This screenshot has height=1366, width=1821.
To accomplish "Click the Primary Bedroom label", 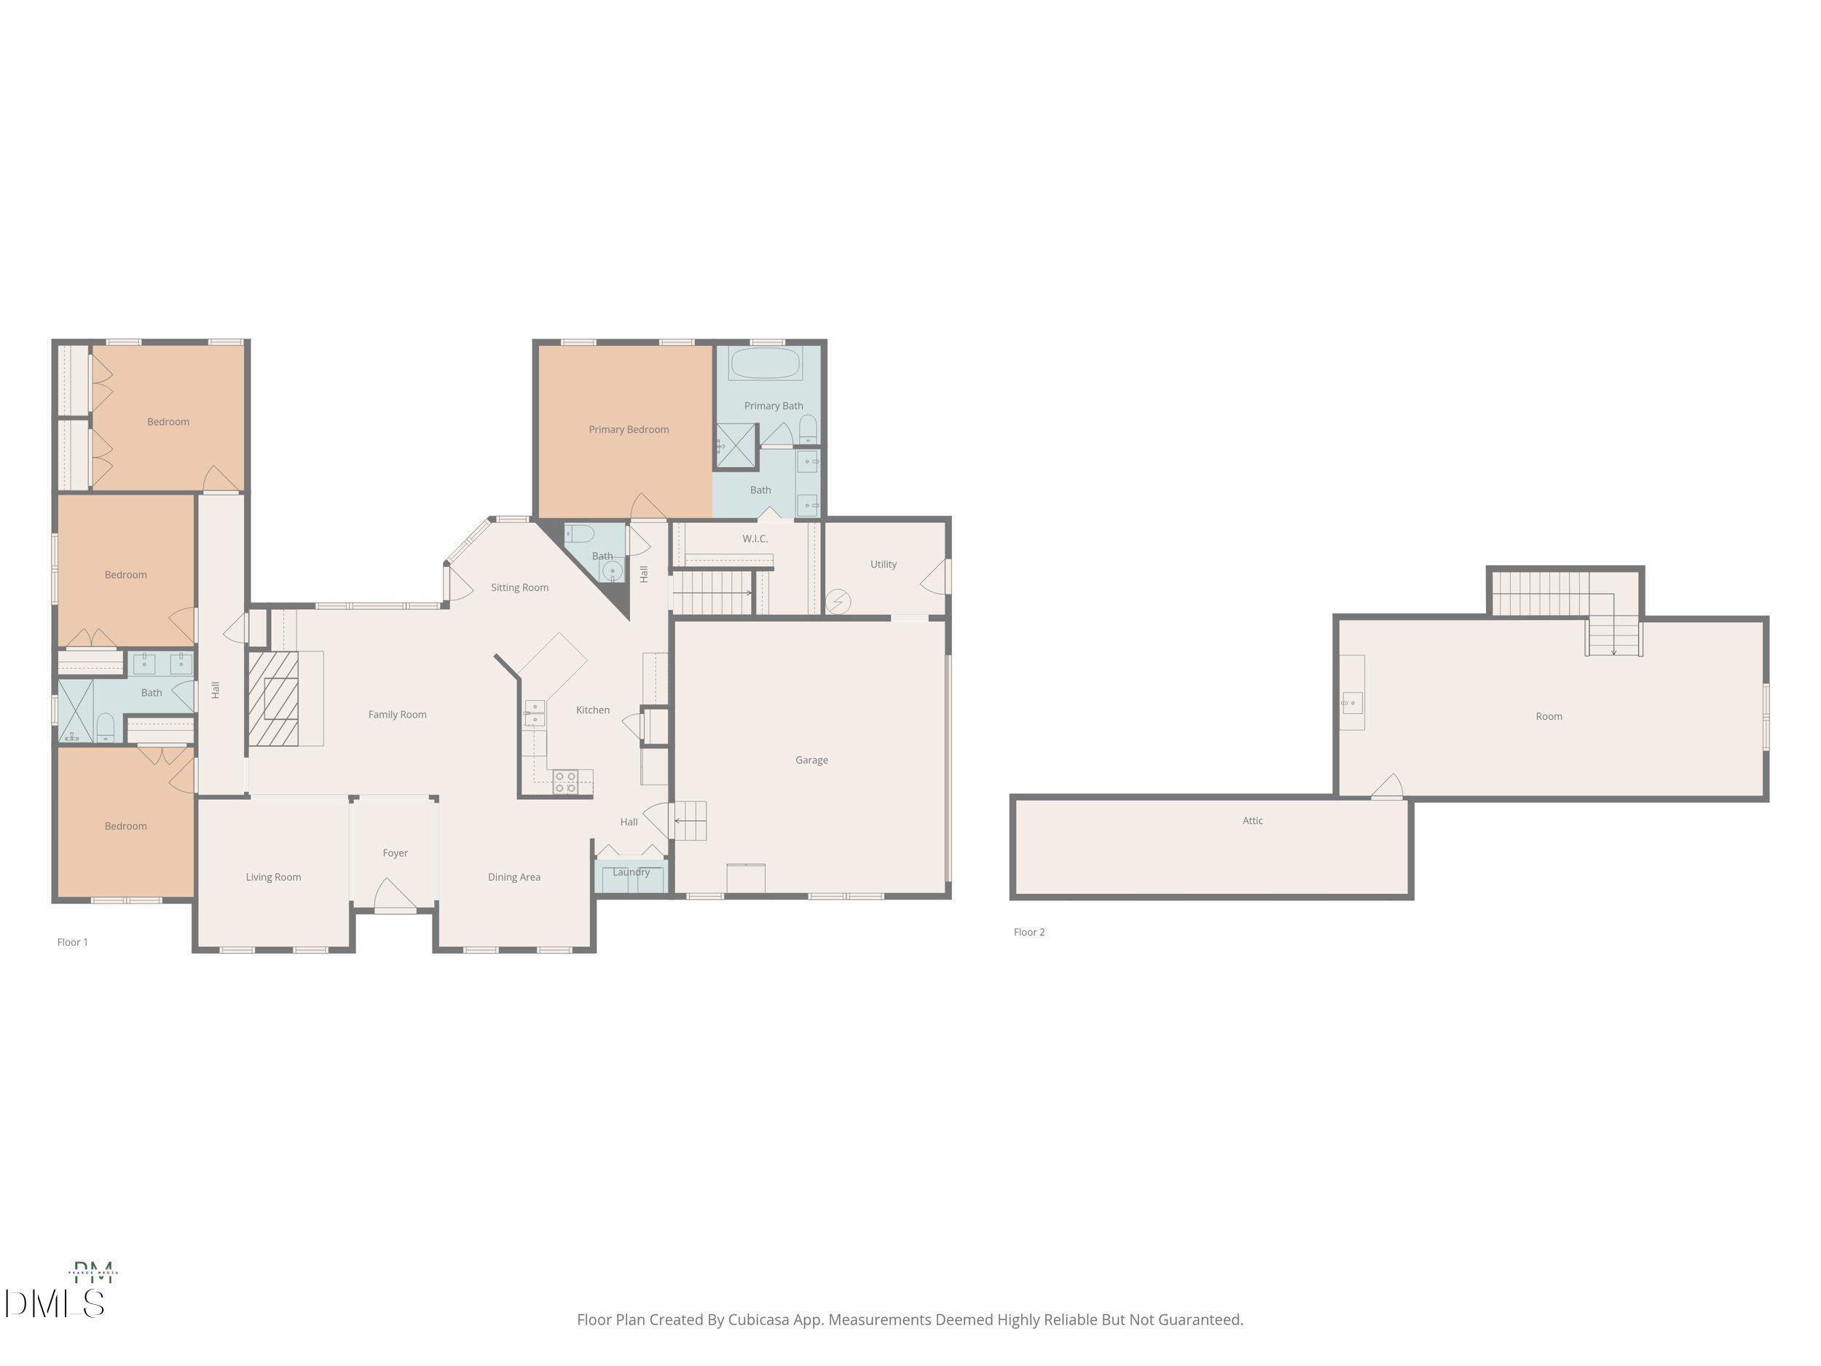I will coord(628,429).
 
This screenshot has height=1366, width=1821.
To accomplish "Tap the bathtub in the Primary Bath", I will coord(765,363).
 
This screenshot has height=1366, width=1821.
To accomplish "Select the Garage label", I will coord(811,760).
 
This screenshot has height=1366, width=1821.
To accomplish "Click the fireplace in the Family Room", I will coord(273,698).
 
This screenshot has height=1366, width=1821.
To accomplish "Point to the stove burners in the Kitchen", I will coord(565,782).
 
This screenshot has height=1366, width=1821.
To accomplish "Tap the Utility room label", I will coord(883,564).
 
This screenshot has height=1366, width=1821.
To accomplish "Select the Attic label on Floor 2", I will coord(1252,820).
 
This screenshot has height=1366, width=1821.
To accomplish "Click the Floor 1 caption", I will coord(72,942).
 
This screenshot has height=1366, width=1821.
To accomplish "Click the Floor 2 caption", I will coord(1029,932).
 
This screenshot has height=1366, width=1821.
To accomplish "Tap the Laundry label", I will coord(631,872).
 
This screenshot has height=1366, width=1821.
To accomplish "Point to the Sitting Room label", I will coord(519,587).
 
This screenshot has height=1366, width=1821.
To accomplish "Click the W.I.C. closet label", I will coord(755,538).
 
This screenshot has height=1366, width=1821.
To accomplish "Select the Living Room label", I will coord(273,877).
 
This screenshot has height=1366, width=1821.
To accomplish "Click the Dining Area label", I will coord(514,877).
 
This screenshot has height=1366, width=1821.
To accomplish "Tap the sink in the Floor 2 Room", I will coord(1352,703).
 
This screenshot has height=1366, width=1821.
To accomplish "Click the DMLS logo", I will coord(55,1303).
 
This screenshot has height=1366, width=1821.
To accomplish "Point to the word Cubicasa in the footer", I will coord(758,1320).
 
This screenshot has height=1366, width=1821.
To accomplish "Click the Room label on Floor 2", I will coord(1549,716).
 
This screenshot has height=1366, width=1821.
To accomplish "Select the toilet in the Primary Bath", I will coord(809,429).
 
